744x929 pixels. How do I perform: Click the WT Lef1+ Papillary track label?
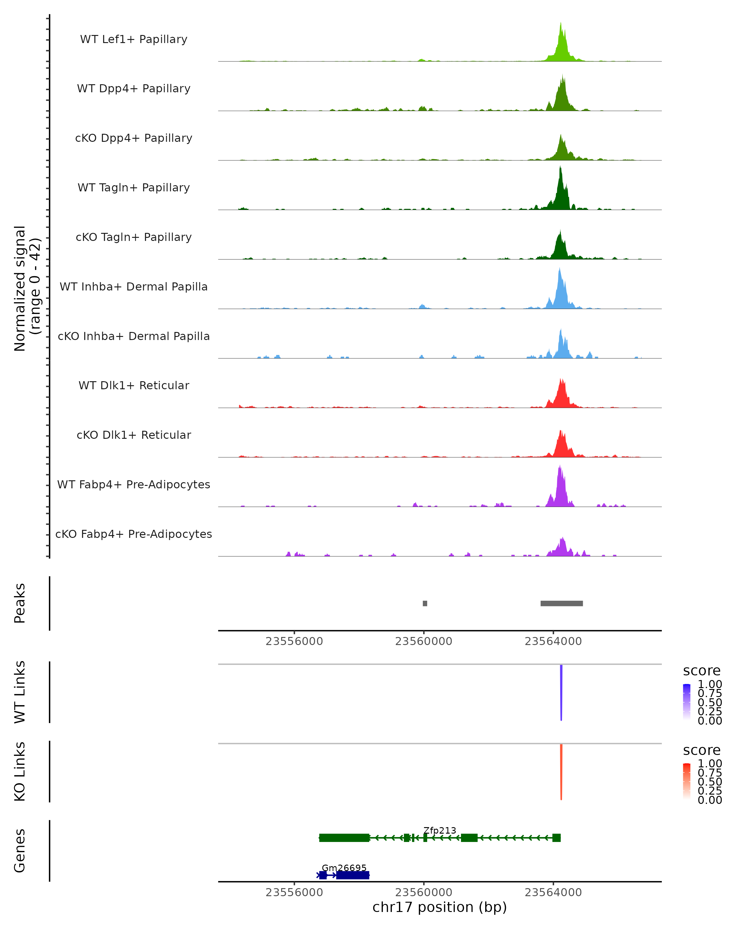tap(134, 39)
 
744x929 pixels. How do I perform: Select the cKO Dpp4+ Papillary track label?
tap(134, 138)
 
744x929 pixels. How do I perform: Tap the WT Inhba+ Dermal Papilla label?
tap(134, 287)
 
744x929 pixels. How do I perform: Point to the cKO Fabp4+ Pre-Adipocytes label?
tap(134, 534)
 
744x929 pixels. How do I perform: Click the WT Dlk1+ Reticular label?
tap(134, 386)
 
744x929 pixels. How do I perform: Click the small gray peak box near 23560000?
tap(425, 604)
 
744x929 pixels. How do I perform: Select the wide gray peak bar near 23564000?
tap(561, 604)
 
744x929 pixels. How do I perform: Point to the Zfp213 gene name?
tap(440, 831)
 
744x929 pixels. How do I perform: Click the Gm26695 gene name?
tap(344, 868)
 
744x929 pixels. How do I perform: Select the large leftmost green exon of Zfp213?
tap(344, 838)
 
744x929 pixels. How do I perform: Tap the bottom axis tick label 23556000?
tap(294, 892)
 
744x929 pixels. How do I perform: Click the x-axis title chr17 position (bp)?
tap(440, 907)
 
